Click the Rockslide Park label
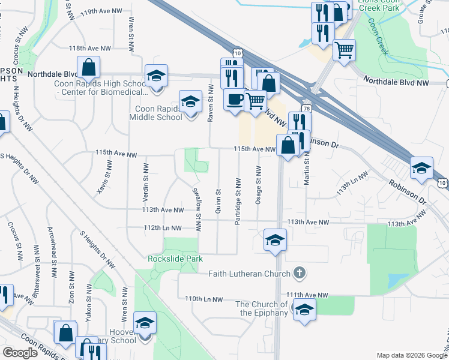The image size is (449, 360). pyautogui.click(x=175, y=259)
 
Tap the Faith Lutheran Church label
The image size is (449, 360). pyautogui.click(x=249, y=274)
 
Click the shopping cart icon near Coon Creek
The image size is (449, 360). pyautogui.click(x=344, y=50)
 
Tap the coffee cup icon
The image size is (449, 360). pyautogui.click(x=234, y=98)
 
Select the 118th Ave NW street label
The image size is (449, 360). pyautogui.click(x=90, y=48)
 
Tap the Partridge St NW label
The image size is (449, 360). pyautogui.click(x=238, y=201)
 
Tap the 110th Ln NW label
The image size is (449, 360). pyautogui.click(x=204, y=299)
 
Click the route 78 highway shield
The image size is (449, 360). pyautogui.click(x=307, y=109)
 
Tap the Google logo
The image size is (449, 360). pyautogui.click(x=20, y=353)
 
